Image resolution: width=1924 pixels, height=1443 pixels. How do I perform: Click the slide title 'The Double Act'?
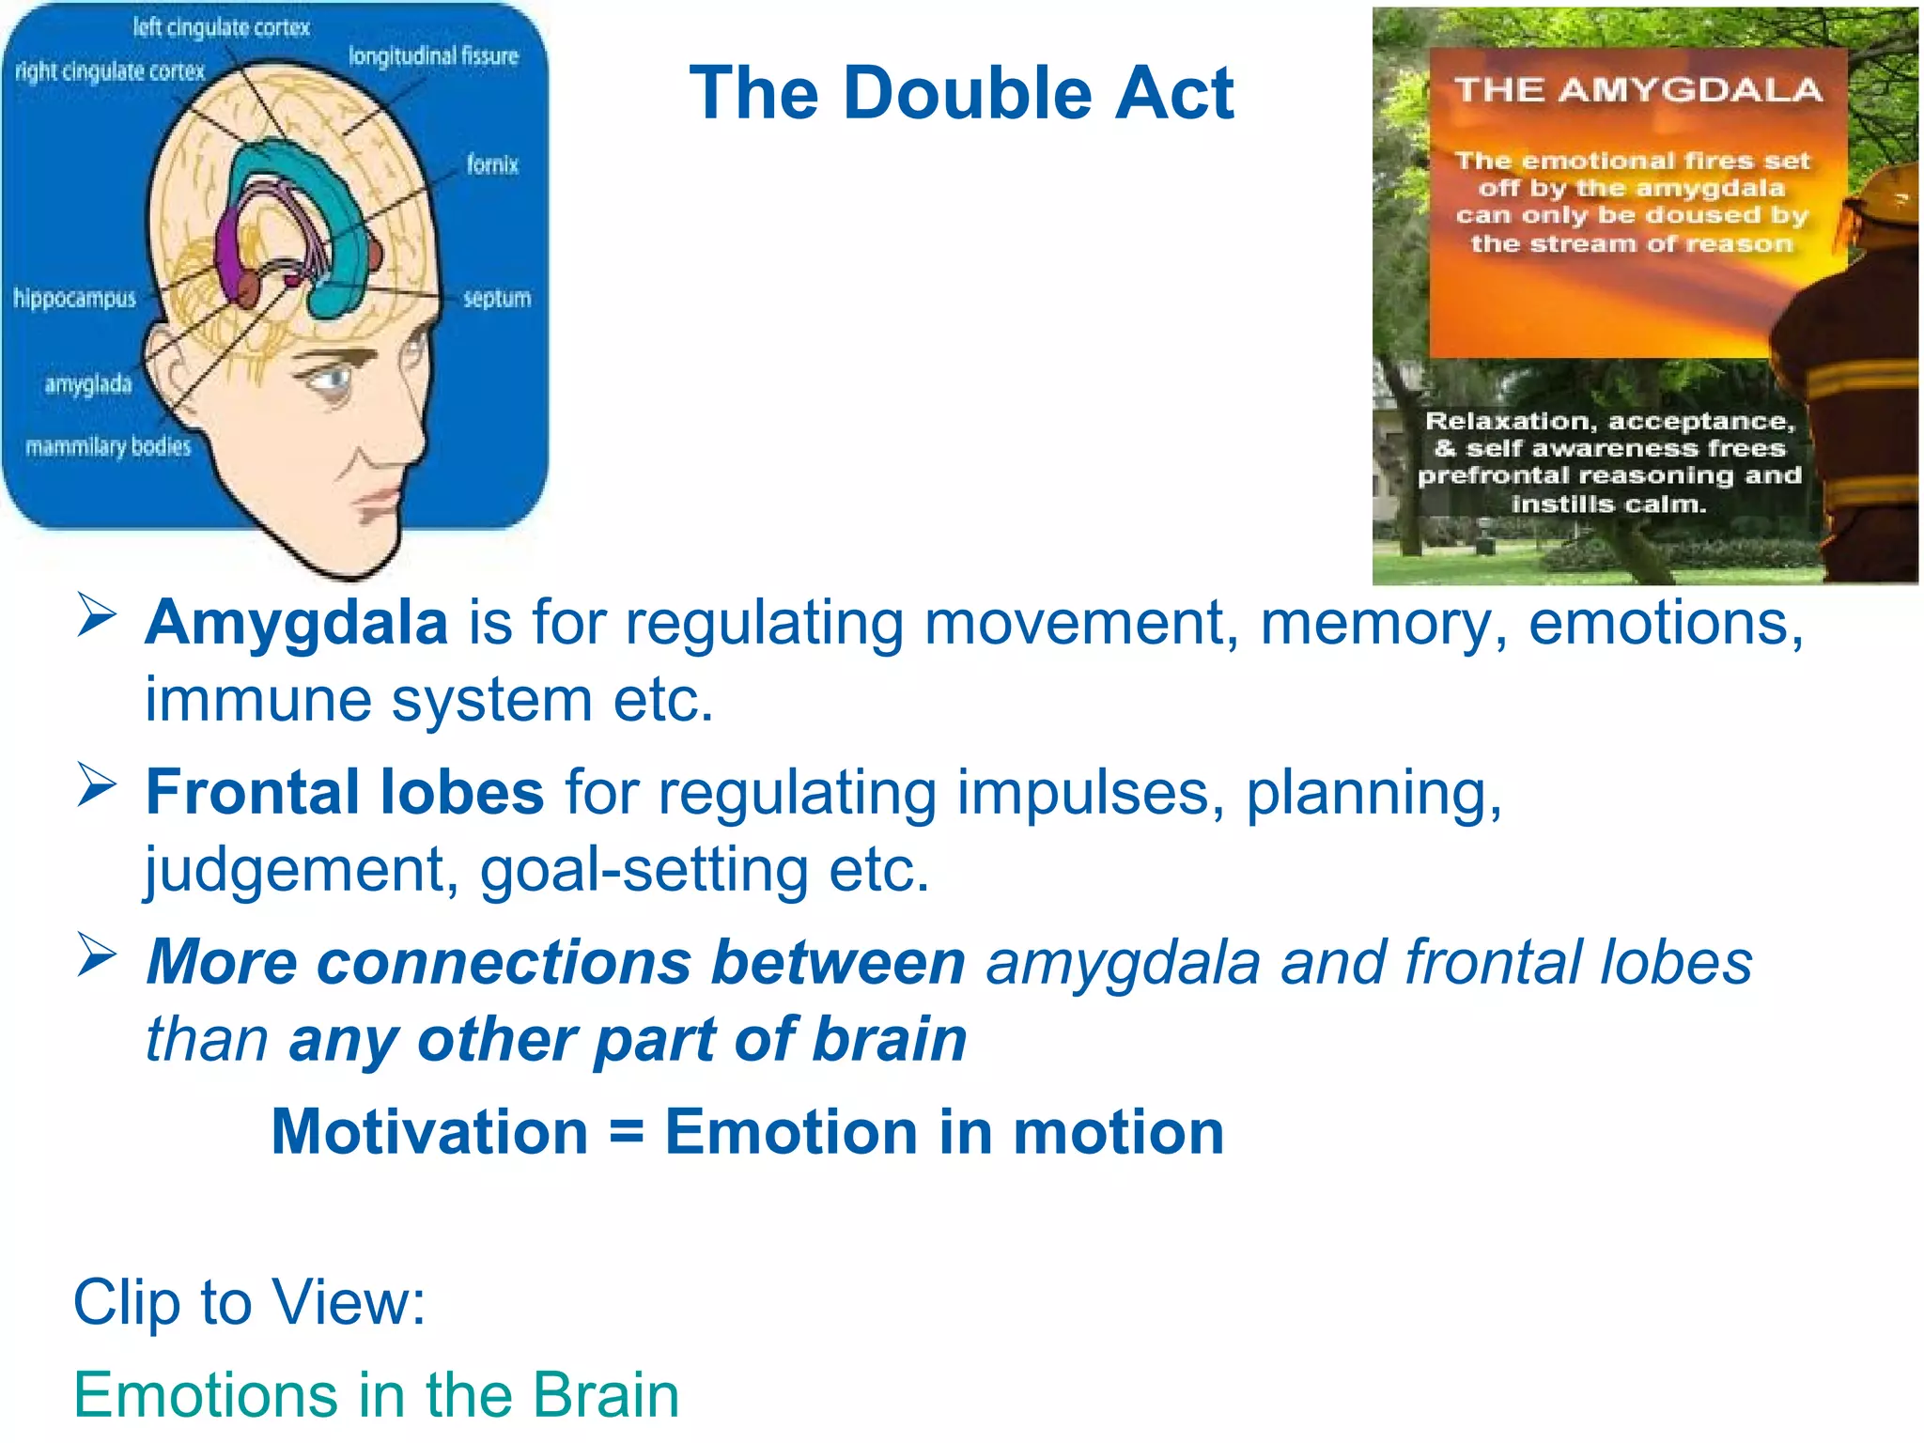[x=960, y=94]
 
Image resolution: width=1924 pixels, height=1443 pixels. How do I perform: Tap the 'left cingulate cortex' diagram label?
[x=221, y=27]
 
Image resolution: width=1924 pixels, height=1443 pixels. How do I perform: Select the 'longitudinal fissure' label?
[x=433, y=56]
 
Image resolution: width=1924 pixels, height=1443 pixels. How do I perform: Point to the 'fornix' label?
[x=492, y=165]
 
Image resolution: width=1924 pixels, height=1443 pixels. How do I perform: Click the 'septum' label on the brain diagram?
[x=496, y=299]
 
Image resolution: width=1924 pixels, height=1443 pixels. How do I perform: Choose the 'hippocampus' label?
[x=75, y=299]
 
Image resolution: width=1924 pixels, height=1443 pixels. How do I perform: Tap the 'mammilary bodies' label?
[x=108, y=446]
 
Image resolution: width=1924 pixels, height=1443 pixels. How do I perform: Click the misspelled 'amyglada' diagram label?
[x=88, y=384]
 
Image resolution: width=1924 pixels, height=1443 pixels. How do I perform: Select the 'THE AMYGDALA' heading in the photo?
[x=1638, y=90]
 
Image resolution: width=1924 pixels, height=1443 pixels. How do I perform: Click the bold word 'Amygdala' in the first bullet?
[x=297, y=623]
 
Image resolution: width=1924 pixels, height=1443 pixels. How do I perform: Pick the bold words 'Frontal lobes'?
[x=345, y=792]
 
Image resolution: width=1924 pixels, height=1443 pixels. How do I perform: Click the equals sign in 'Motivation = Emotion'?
[x=627, y=1132]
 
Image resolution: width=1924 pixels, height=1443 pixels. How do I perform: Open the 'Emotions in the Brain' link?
[x=377, y=1395]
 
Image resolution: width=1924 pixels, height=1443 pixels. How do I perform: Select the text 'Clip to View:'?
[x=250, y=1303]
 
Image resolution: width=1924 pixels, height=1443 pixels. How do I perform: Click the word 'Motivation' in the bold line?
[x=429, y=1132]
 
